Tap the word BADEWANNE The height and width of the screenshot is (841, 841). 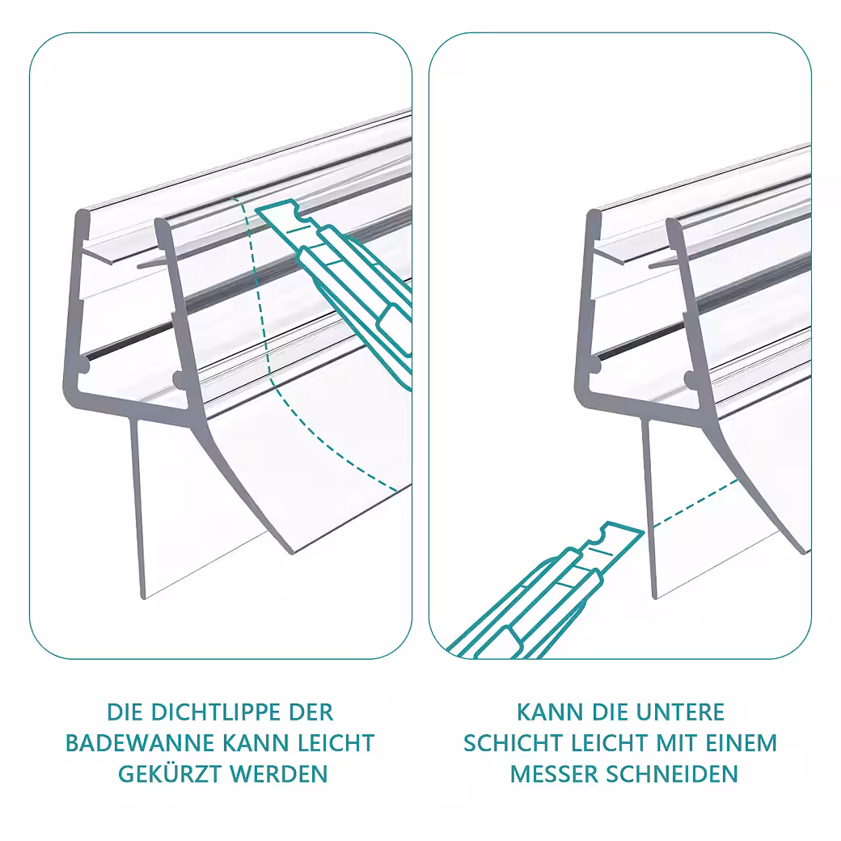point(139,743)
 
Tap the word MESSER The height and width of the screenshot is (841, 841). point(553,774)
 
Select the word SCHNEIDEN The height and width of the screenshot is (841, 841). point(672,774)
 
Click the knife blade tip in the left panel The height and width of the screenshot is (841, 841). point(256,210)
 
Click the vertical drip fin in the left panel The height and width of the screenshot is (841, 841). point(137,508)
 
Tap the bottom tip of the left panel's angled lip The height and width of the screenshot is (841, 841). point(291,552)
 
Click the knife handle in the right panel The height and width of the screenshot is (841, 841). point(515,617)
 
